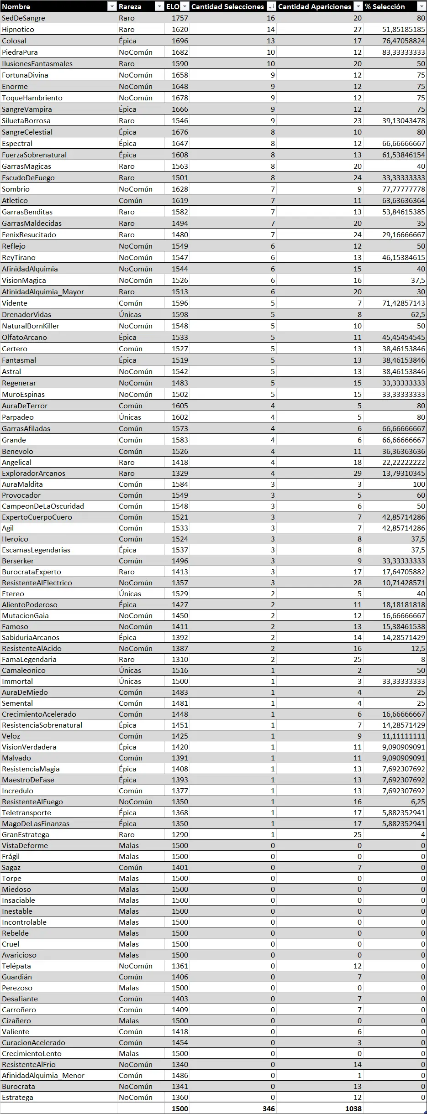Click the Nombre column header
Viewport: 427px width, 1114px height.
click(16, 6)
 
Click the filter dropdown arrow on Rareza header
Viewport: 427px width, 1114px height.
click(159, 6)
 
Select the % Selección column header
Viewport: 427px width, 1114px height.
click(385, 6)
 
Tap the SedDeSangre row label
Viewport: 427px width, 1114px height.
click(23, 18)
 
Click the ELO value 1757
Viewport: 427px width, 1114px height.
click(180, 18)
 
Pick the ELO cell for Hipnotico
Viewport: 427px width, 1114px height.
click(180, 30)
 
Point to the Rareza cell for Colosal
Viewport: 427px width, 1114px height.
click(127, 41)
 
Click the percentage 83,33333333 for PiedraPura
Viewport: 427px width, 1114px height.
click(403, 52)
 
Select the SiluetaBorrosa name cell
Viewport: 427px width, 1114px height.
click(26, 121)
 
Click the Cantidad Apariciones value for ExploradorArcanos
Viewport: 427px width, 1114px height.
click(357, 474)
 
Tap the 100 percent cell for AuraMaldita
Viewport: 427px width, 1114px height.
click(419, 484)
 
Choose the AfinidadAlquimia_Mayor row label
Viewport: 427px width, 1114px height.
click(43, 292)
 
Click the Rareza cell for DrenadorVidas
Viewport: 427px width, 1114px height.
click(130, 315)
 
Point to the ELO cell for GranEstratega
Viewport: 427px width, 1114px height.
click(180, 835)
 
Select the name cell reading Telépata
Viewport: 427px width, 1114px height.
click(16, 966)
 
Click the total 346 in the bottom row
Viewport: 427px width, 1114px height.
click(269, 1109)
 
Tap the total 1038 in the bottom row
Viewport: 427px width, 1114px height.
click(353, 1109)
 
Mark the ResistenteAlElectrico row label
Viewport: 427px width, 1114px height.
click(37, 583)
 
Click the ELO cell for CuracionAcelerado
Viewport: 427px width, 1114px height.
click(180, 1043)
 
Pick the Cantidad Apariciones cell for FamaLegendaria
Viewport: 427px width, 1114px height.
click(357, 660)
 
